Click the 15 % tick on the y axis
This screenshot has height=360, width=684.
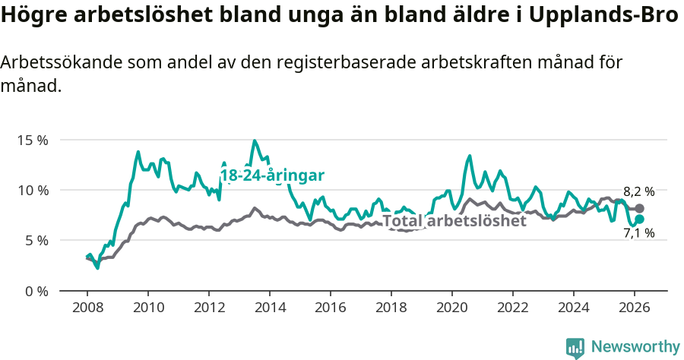(34, 141)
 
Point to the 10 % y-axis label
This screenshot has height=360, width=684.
(34, 191)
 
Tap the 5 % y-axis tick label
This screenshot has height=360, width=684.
(37, 241)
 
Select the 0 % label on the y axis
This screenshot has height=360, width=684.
(37, 291)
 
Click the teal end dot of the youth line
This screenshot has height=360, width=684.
(639, 219)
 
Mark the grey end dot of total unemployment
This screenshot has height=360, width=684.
(639, 208)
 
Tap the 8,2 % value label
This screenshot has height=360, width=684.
(638, 192)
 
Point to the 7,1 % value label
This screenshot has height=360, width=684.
(638, 234)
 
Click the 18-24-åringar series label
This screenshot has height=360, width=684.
(272, 175)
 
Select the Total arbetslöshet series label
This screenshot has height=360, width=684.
(454, 221)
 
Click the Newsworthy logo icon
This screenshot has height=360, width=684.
(575, 347)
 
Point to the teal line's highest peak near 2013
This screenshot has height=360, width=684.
(255, 141)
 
